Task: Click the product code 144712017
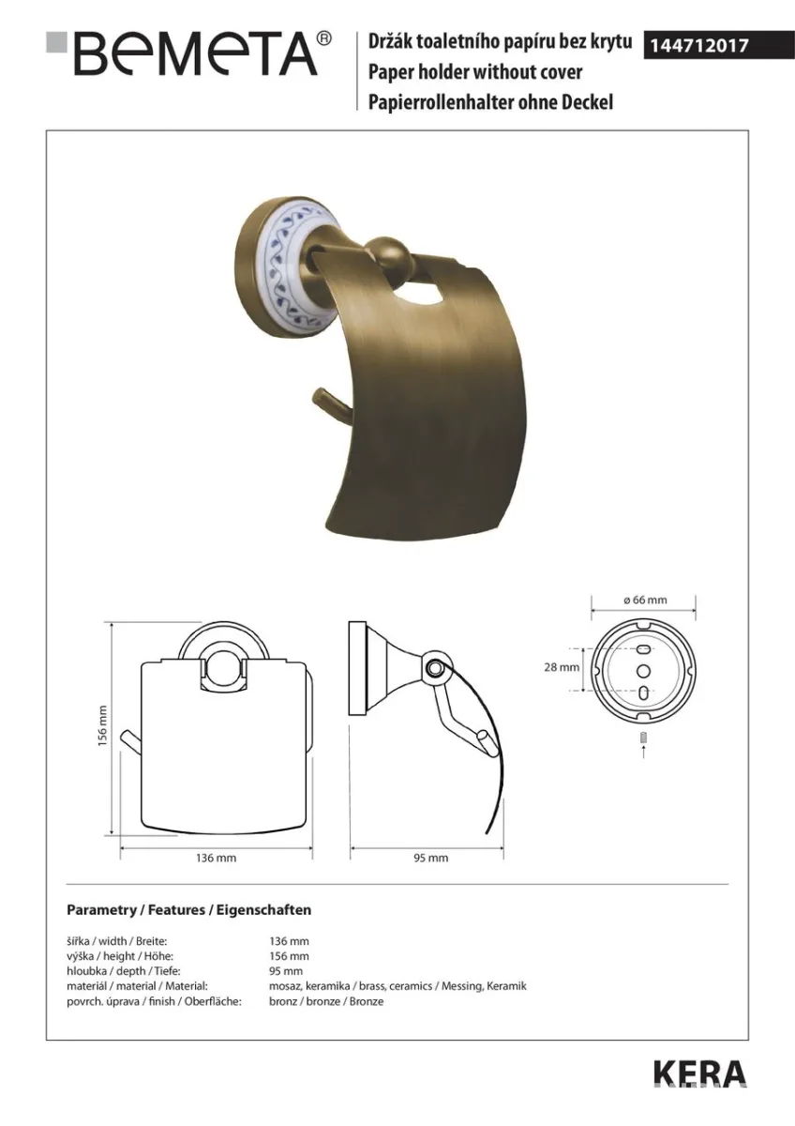[699, 46]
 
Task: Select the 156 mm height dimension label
[102, 725]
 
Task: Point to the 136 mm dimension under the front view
[216, 858]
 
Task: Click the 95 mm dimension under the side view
[431, 858]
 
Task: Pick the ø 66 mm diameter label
[645, 600]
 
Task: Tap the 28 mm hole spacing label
[562, 667]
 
